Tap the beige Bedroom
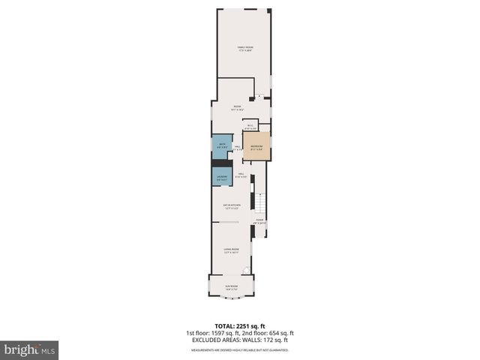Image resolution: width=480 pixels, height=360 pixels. (x=256, y=147)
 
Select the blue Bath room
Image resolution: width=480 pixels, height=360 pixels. (x=221, y=146)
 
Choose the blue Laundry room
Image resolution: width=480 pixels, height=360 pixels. (x=221, y=177)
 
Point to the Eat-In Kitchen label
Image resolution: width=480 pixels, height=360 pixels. (x=231, y=205)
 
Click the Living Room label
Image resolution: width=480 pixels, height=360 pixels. (x=231, y=250)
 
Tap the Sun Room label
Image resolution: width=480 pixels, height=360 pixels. (x=231, y=286)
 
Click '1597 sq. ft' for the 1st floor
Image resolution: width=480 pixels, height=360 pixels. (x=224, y=333)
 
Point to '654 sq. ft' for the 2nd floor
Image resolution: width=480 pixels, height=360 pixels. (x=281, y=333)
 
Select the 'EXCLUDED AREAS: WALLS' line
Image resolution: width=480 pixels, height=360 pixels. (x=240, y=340)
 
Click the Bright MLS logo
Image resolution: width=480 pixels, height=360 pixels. (x=30, y=349)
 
